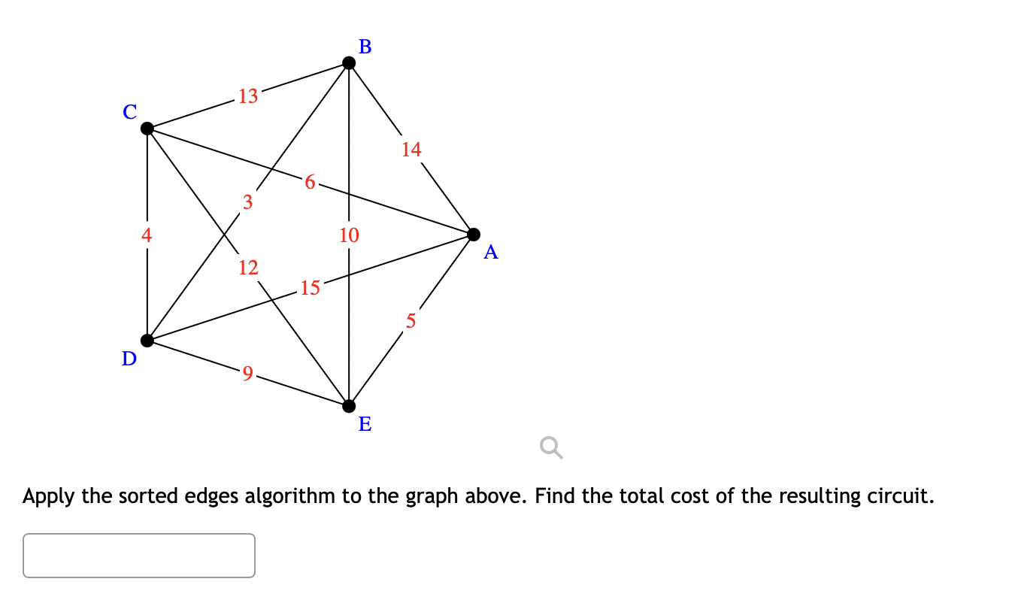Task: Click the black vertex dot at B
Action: click(349, 62)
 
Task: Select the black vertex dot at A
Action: click(474, 235)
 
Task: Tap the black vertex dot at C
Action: click(147, 129)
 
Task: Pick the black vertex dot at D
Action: click(147, 341)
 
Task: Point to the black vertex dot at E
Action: click(349, 406)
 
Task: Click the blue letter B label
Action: click(365, 47)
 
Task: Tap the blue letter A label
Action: click(491, 253)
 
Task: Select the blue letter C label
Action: click(130, 112)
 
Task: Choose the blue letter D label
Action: click(129, 359)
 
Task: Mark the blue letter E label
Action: click(365, 425)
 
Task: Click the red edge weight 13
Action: click(248, 96)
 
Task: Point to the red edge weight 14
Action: click(411, 150)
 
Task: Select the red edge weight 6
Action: click(310, 181)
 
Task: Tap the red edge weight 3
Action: click(247, 202)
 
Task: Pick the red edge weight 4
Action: click(147, 235)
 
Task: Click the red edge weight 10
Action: click(349, 235)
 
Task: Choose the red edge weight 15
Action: click(310, 287)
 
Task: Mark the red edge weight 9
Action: click(248, 373)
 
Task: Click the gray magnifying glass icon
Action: click(550, 449)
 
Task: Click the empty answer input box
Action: click(139, 556)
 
